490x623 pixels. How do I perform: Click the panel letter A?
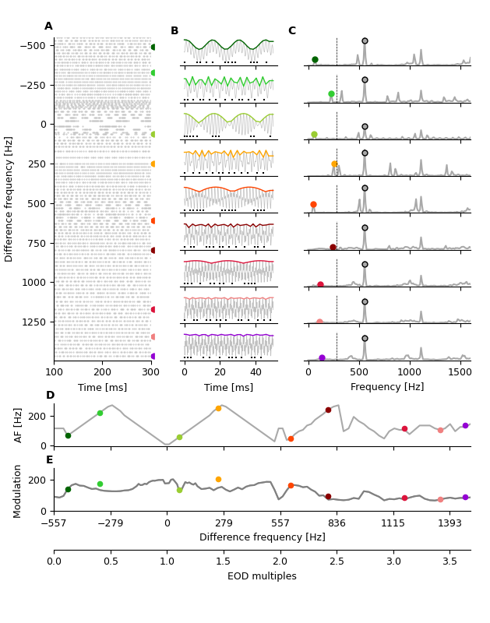[48, 26]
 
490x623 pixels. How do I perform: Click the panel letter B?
[174, 31]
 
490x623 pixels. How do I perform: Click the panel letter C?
[291, 31]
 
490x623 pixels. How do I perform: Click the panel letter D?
[50, 396]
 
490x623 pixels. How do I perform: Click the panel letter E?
[49, 460]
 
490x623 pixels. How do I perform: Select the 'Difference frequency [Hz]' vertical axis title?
[9, 199]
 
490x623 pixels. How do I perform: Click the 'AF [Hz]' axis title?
[19, 424]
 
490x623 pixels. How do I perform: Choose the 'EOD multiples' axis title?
[262, 576]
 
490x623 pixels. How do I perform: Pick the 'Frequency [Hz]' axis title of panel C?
[387, 387]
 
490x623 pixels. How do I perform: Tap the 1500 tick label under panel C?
[458, 371]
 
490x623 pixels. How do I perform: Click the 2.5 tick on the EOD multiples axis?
[337, 561]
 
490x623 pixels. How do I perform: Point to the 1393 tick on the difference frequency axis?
[449, 523]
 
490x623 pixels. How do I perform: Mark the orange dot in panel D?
[218, 408]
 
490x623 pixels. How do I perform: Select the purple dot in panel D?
[465, 425]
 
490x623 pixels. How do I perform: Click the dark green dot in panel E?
[68, 489]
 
